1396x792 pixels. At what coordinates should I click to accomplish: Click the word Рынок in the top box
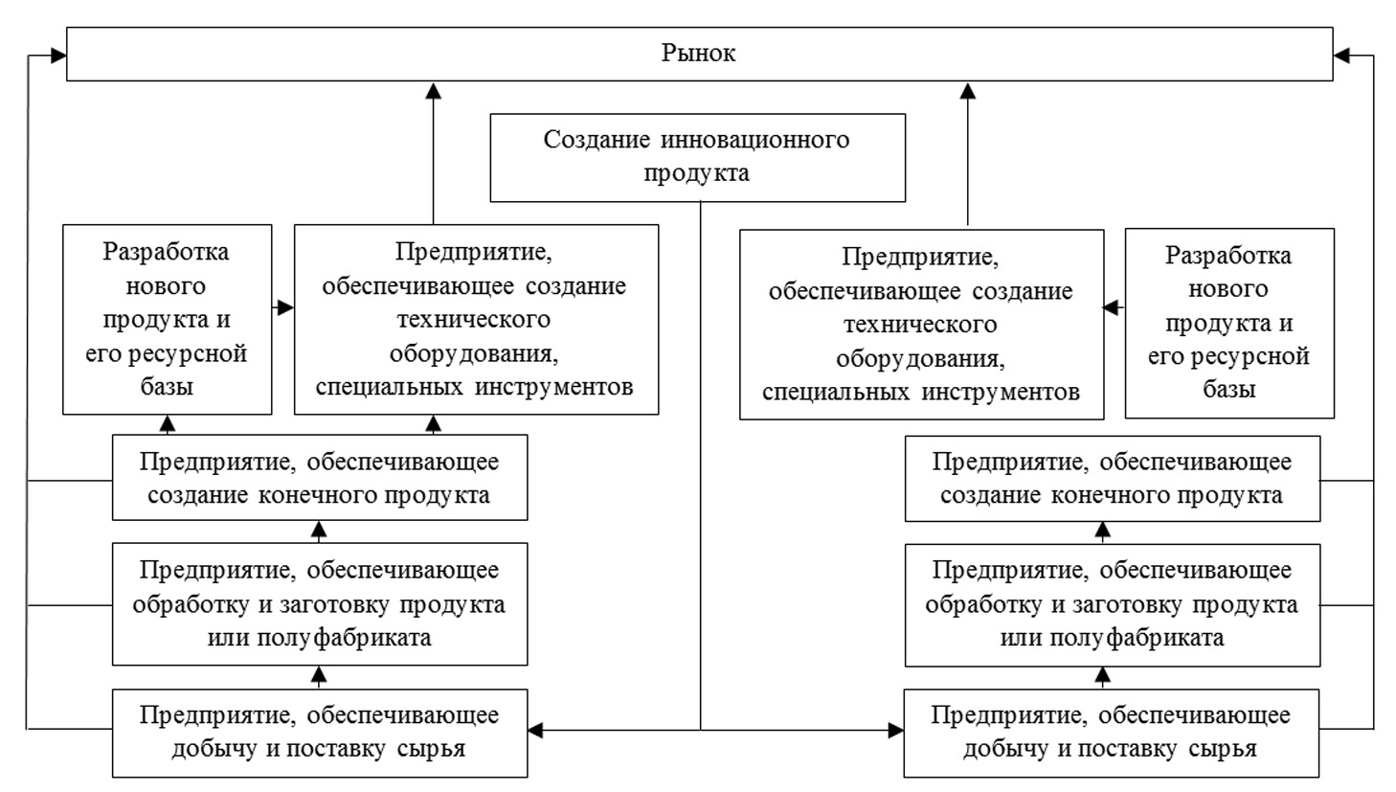(698, 53)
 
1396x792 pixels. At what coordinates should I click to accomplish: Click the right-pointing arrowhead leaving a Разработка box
(285, 307)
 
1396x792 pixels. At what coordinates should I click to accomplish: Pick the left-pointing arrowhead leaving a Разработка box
(1112, 307)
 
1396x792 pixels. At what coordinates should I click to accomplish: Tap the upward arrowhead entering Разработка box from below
(169, 422)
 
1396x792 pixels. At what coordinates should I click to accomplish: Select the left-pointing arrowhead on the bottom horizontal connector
(536, 731)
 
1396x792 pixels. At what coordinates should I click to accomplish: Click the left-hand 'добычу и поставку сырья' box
(320, 732)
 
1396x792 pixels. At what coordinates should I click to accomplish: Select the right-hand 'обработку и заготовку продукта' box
(1112, 604)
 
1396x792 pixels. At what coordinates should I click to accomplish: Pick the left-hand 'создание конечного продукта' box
(320, 478)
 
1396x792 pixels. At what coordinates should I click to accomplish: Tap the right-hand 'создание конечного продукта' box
(1112, 478)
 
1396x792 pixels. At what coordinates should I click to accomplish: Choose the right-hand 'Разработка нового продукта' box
(1228, 323)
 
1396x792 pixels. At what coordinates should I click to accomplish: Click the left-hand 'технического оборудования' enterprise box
(476, 319)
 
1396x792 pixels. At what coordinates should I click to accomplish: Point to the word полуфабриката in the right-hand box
(1112, 638)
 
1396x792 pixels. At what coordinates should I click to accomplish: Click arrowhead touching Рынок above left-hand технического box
(433, 90)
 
